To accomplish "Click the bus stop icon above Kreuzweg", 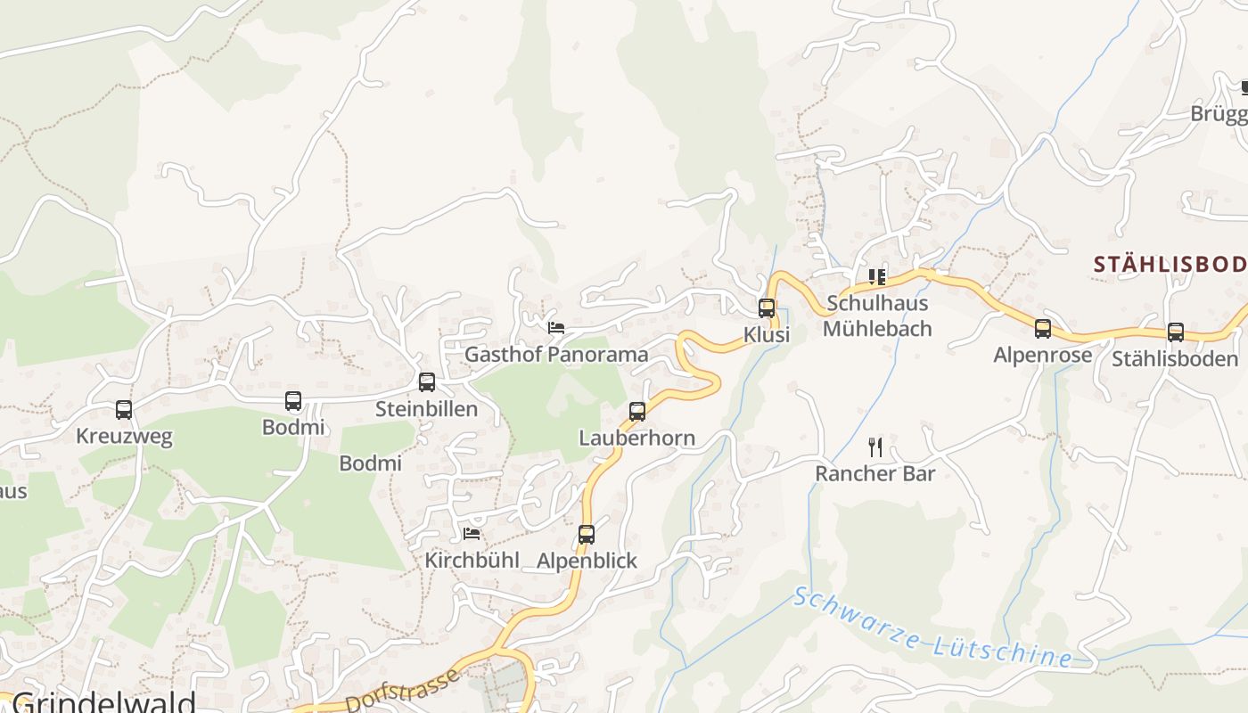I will tap(124, 410).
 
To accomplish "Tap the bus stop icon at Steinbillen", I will tap(427, 382).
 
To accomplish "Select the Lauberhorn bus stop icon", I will tap(637, 412).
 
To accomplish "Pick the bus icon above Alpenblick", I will tap(586, 535).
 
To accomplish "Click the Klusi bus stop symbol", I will tap(767, 308).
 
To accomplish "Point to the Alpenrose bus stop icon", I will tap(1043, 329).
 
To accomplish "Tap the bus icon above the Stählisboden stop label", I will tap(1176, 332).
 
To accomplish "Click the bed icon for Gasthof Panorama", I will tap(556, 327).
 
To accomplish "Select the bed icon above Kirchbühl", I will tap(472, 534).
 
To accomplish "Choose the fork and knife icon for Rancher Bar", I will tap(875, 447).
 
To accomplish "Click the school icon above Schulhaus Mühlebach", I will tap(877, 276).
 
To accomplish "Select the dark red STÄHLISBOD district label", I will tap(1170, 264).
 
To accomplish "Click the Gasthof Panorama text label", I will tap(556, 355).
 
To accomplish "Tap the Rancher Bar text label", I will tap(875, 473).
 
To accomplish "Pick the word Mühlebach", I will tap(877, 329).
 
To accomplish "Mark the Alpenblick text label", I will tap(587, 561).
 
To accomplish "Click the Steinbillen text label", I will tap(426, 409).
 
